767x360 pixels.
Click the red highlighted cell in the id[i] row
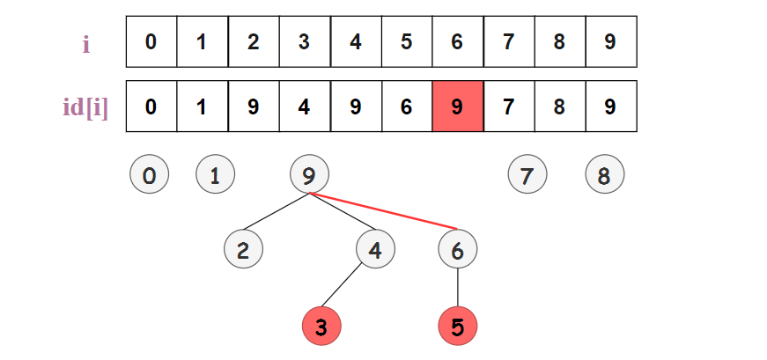[x=457, y=107]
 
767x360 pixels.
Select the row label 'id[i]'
[x=85, y=107]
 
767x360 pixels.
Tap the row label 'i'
[x=85, y=43]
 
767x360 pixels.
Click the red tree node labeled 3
[x=321, y=327]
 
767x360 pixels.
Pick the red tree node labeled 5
[x=457, y=327]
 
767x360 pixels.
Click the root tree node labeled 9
[x=309, y=176]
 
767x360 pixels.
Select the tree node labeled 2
[x=244, y=250]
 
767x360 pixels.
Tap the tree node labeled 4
[x=375, y=250]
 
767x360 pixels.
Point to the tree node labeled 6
[x=457, y=250]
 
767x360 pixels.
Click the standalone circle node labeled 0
[x=149, y=176]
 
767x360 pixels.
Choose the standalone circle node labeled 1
[x=215, y=176]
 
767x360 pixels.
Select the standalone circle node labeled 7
[x=527, y=176]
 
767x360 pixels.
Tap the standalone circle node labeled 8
[x=604, y=176]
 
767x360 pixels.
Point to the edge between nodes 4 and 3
[x=348, y=289]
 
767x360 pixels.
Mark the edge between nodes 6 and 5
[x=457, y=289]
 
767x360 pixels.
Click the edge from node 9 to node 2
[x=277, y=213]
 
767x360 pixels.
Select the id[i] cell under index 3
[x=304, y=107]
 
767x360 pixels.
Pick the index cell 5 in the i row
[x=406, y=41]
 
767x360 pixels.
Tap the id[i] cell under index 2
[x=253, y=107]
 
